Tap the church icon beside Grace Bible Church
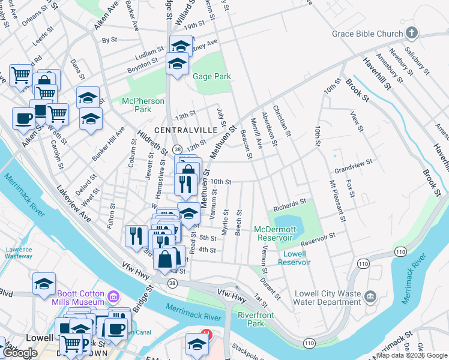click(412, 32)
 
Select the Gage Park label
click(211, 77)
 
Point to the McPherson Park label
click(143, 105)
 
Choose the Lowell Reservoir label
click(294, 258)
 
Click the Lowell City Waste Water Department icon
click(370, 296)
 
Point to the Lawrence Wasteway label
click(19, 253)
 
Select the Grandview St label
click(354, 162)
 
